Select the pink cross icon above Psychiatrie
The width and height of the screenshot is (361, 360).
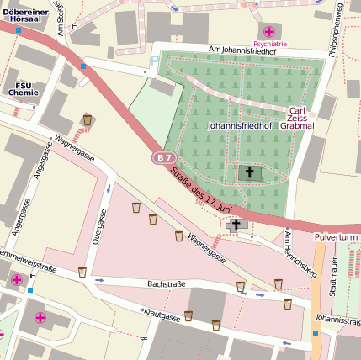268,32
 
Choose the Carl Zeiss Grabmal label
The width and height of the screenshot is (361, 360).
296,119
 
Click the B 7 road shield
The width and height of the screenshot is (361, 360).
164,157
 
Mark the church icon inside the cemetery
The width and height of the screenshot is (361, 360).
248,172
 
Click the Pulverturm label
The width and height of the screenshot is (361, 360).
337,238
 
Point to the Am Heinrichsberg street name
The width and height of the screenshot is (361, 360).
300,253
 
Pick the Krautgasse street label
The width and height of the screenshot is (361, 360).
162,316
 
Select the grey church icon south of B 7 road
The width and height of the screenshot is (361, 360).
236,225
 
